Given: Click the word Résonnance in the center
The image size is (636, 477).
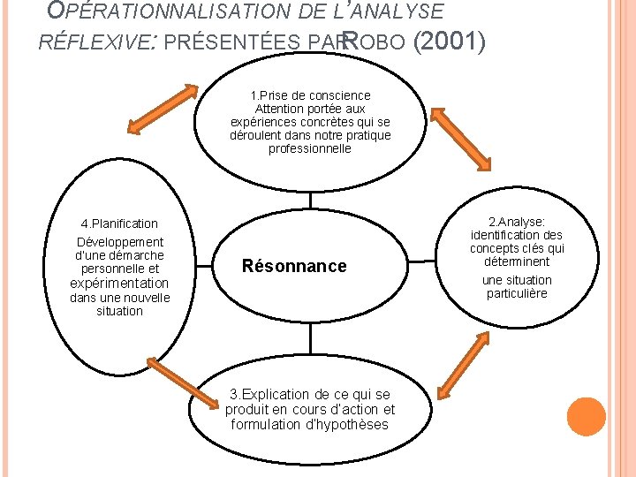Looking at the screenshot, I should pos(294,266).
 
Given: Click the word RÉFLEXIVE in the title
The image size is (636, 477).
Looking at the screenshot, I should pos(94,41).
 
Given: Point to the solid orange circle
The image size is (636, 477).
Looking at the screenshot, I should pos(586,417).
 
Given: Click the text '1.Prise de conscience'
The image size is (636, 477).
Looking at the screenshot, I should pos(310,95).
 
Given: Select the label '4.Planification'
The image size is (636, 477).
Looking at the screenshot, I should pos(119,223).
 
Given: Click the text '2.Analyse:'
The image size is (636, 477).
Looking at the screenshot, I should pos(517,221).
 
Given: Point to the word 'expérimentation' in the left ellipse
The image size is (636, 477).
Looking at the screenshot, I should pos(119,283).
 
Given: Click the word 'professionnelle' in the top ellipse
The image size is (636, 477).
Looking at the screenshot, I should pos(310,149).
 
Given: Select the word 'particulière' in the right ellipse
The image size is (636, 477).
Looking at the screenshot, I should pos(517,293).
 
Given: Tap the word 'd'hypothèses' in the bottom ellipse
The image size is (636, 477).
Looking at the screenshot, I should pos(351,424).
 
